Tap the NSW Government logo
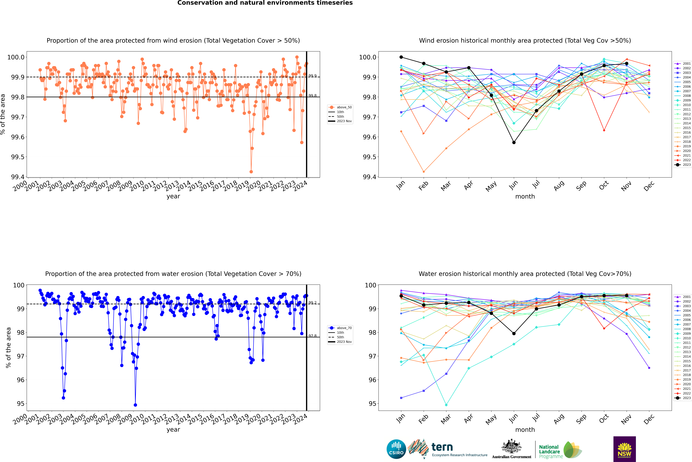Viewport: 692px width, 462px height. point(624,449)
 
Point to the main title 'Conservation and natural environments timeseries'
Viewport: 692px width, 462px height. point(265,3)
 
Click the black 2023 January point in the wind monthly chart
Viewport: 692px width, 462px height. point(401,57)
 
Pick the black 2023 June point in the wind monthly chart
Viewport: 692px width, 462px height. point(514,142)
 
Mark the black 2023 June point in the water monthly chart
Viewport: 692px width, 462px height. point(514,334)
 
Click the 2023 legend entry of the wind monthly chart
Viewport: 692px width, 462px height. point(683,165)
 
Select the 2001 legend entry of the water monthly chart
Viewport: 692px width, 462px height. point(683,297)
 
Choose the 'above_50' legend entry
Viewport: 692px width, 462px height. point(340,107)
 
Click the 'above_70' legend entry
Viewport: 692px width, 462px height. point(340,328)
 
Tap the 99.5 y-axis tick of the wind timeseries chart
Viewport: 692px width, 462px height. point(18,157)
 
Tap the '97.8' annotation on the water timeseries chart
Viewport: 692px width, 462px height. point(312,336)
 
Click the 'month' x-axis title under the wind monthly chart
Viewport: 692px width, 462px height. point(525,197)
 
